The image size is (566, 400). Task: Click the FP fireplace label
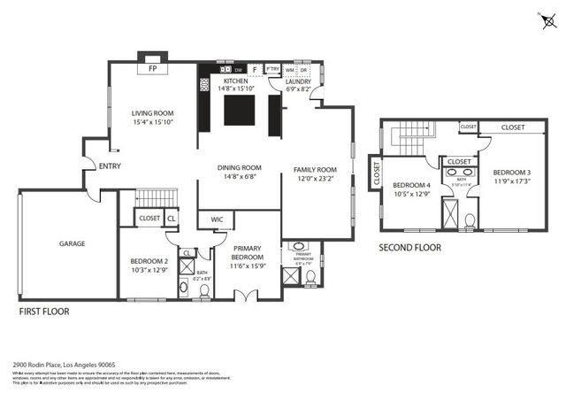pos(152,68)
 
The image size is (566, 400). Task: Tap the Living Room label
pos(152,113)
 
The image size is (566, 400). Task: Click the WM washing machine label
pos(289,68)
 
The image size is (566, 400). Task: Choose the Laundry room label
pos(297,81)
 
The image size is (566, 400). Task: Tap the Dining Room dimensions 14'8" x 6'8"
pos(241,176)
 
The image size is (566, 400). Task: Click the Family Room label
pos(316,170)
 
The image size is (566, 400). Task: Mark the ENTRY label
pos(111,165)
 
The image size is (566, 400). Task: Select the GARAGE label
pos(73,242)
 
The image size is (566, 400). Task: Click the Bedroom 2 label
pos(149,261)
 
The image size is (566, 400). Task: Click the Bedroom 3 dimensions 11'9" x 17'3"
pos(510,181)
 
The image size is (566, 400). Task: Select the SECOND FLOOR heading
pos(409,248)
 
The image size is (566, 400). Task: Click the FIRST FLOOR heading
pos(44,312)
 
